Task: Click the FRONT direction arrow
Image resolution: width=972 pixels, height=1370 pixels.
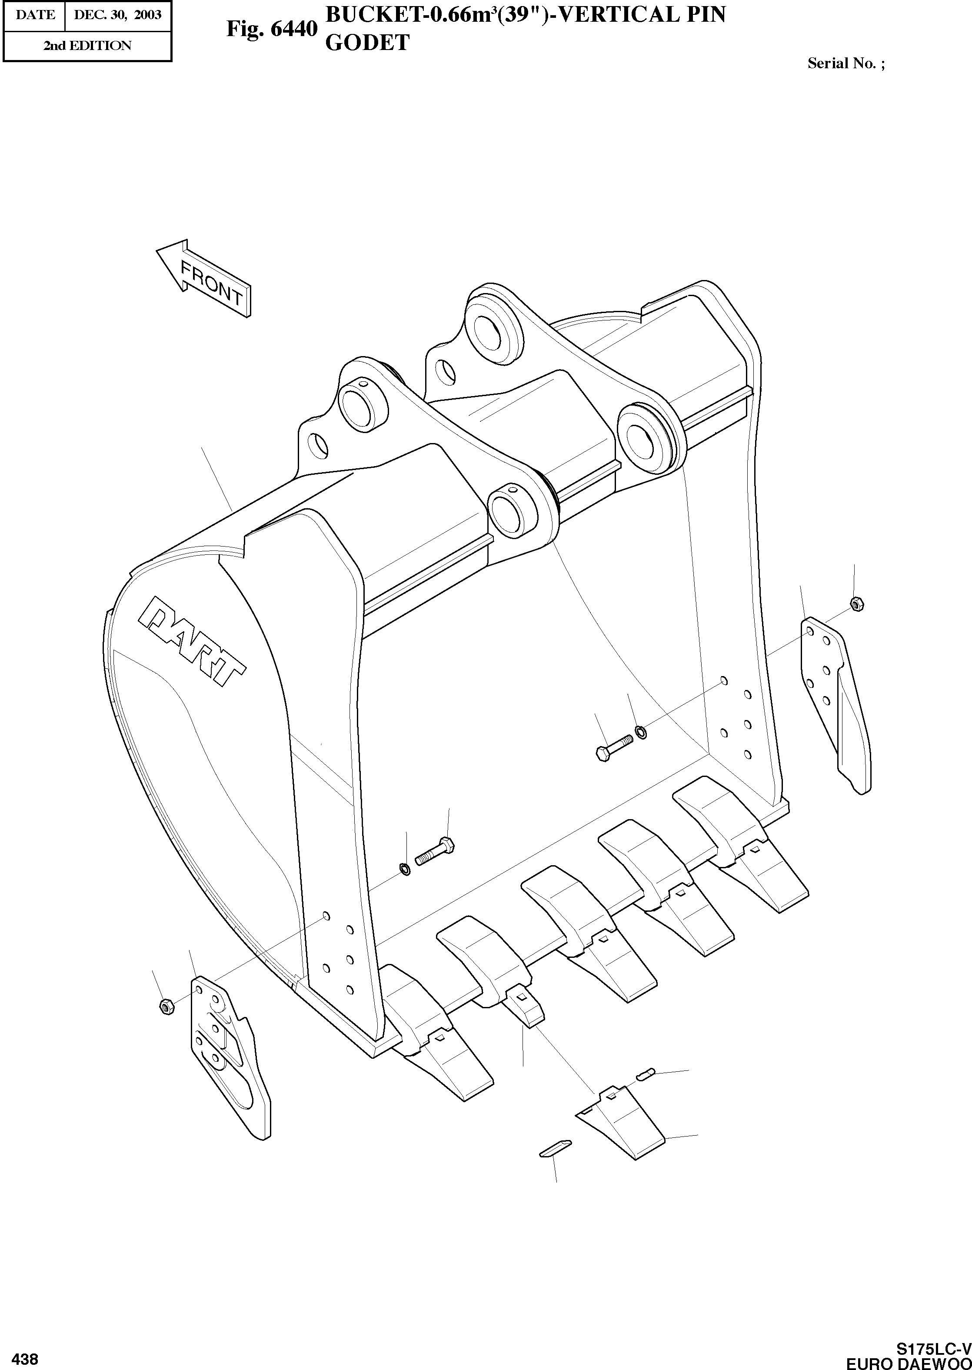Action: pos(203,277)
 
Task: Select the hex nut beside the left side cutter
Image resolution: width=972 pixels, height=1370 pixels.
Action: pos(166,1006)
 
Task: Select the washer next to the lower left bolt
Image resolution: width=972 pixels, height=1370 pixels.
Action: pos(405,868)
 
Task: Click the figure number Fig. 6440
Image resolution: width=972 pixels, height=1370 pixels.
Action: pos(271,29)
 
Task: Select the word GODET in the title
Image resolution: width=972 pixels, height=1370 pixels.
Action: pos(366,43)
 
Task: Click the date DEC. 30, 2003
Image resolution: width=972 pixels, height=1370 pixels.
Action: pos(117,14)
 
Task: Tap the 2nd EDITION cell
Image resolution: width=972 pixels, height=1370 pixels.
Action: pos(87,46)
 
